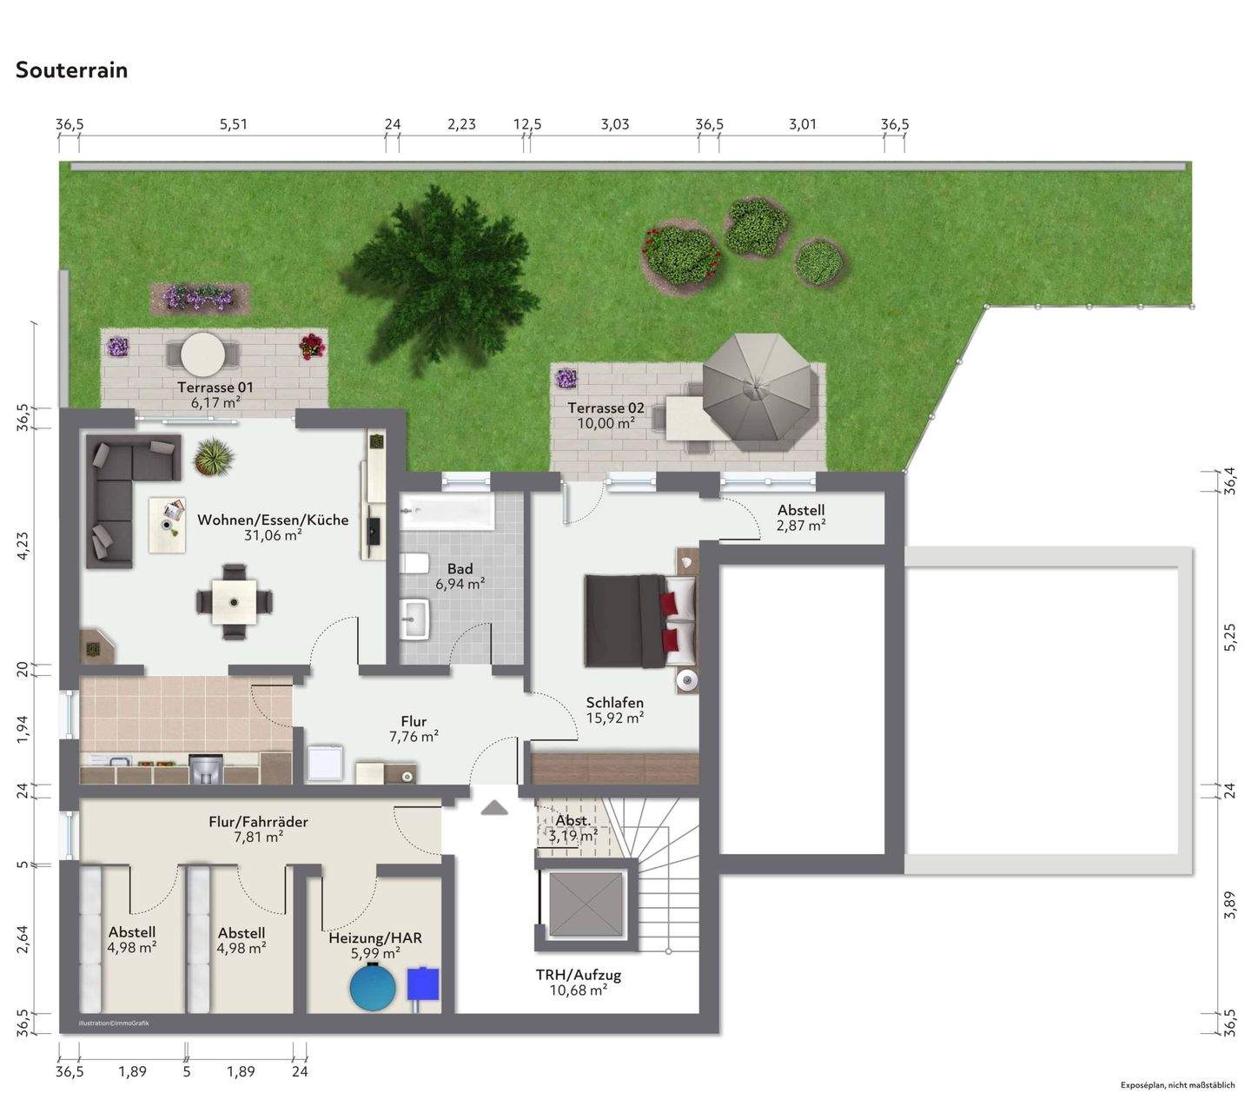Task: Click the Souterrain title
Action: tap(72, 70)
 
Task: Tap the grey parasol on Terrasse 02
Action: tap(760, 388)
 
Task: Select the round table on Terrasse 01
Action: tap(203, 354)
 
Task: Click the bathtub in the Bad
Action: tap(447, 512)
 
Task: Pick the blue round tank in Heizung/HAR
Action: tap(373, 988)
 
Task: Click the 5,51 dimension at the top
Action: tap(233, 124)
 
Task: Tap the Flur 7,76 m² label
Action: tap(414, 729)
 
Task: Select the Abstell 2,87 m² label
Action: tap(800, 518)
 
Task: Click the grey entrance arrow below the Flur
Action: tap(494, 808)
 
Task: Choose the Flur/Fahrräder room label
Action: tap(258, 829)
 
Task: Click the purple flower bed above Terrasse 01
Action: tap(199, 297)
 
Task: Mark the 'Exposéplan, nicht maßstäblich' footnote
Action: tap(1177, 1085)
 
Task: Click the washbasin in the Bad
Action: tap(416, 619)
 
